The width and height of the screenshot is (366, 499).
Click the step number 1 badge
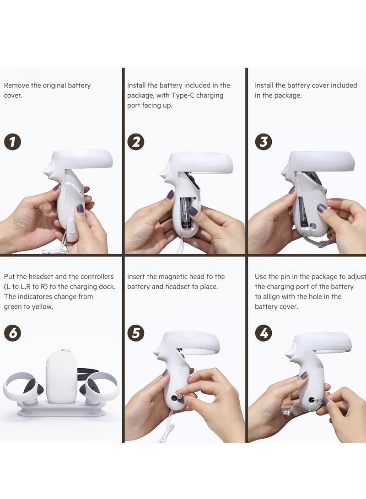[x=12, y=142]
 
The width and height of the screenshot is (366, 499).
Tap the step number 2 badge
[x=136, y=142]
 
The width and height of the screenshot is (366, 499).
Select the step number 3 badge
[x=264, y=142]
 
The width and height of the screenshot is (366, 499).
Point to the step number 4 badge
[x=264, y=333]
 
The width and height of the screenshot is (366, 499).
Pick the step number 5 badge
[x=136, y=333]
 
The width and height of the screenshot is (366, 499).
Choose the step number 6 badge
[x=12, y=333]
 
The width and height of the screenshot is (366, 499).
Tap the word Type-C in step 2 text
[x=183, y=96]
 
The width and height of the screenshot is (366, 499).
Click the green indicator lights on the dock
[x=61, y=405]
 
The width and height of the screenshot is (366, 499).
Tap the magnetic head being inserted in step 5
[x=179, y=396]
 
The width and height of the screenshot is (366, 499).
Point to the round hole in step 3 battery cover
[x=313, y=226]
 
